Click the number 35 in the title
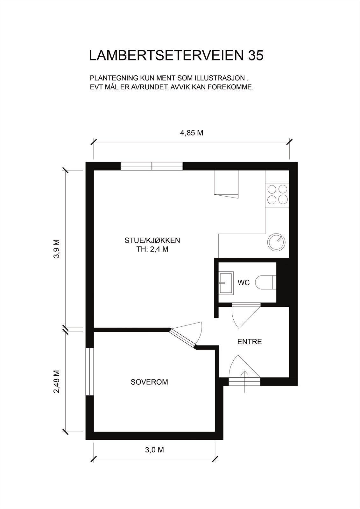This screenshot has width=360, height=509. pos(255,56)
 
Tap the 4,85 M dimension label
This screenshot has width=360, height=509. pos(192,133)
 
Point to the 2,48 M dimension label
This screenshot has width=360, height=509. pos(57,381)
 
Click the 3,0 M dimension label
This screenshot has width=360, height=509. pos(154,450)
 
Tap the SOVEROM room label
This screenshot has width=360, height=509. pos(149,382)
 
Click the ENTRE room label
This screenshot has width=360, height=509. pos(250,342)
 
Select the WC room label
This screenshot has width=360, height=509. pos(244,282)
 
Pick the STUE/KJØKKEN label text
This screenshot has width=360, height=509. pos(152,241)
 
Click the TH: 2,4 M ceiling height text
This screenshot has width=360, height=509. pos(152,249)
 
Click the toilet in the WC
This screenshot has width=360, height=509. pos(265,282)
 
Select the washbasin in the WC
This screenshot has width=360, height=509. pos(226,282)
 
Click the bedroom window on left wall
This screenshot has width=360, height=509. pos(89,372)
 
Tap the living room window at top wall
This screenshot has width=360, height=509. pos(152,166)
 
